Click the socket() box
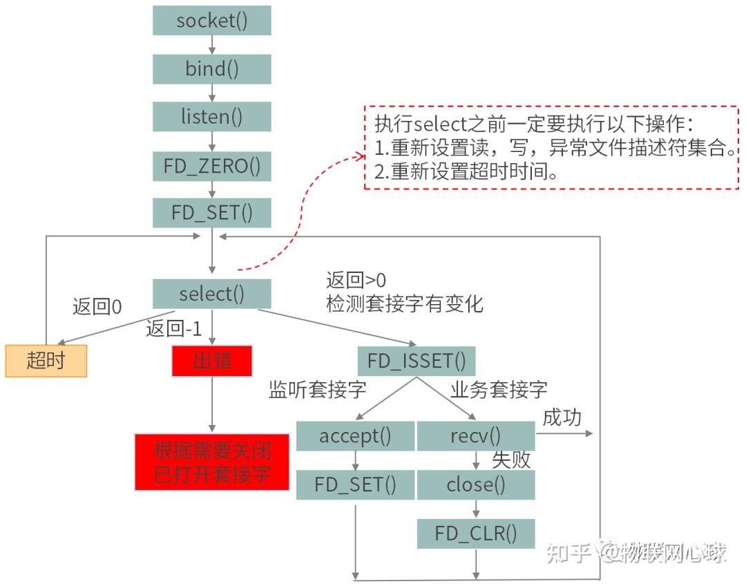point(211,21)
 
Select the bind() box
point(211,69)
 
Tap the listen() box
point(211,117)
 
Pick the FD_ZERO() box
point(211,166)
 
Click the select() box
point(211,294)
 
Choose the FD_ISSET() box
point(417,361)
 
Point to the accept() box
point(355,436)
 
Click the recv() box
point(475,436)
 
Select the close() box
point(475,484)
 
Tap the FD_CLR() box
point(475,534)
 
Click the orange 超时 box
point(46,360)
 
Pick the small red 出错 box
point(211,361)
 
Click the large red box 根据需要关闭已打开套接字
point(211,462)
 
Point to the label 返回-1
point(173,329)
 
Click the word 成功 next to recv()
point(562,417)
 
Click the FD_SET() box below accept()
point(355,484)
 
